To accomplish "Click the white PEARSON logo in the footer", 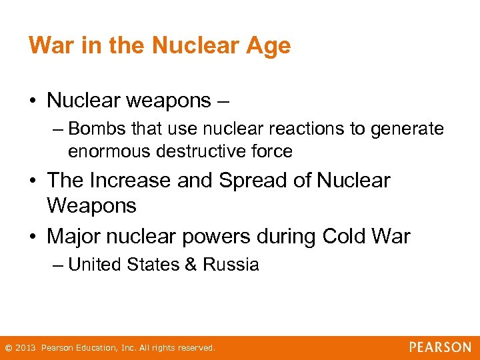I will (x=440, y=347).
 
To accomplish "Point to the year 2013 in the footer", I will (x=25, y=348).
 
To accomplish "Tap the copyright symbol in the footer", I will (x=8, y=348).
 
